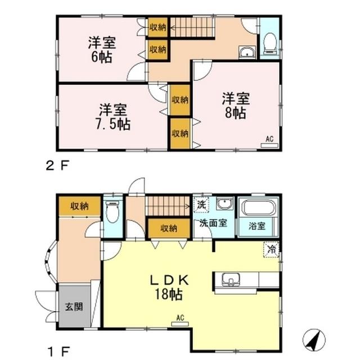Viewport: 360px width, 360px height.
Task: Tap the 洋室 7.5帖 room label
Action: click(x=115, y=116)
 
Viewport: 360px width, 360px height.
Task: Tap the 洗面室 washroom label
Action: click(x=212, y=223)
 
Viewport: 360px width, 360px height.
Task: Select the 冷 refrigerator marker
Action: click(x=272, y=249)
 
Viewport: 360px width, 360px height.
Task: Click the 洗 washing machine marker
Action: click(x=200, y=204)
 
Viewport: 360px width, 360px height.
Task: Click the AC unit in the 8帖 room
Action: click(x=269, y=141)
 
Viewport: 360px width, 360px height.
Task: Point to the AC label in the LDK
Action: click(x=181, y=318)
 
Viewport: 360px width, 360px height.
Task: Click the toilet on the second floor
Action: click(x=269, y=42)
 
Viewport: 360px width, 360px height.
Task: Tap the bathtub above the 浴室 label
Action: click(x=258, y=209)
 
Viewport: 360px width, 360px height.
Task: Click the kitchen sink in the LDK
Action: click(x=231, y=279)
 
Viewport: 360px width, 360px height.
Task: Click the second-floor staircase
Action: click(x=191, y=26)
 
